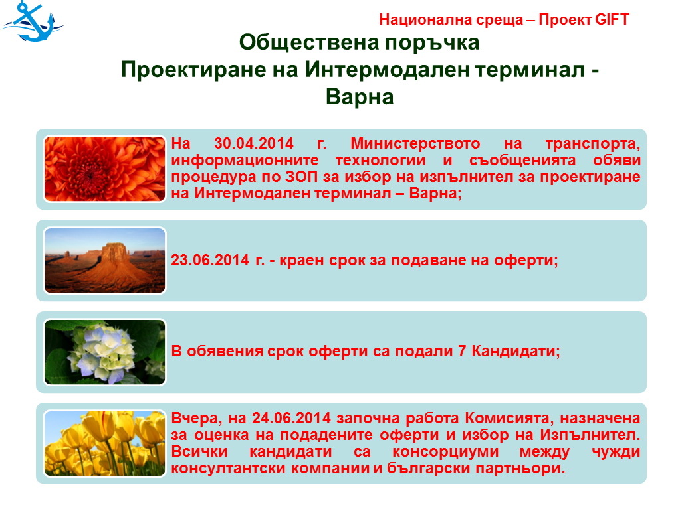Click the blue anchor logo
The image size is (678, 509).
click(32, 22)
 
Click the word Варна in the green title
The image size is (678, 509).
click(360, 96)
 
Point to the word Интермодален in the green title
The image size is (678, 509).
click(387, 70)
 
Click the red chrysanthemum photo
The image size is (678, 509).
click(104, 169)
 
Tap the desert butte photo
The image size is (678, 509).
click(104, 260)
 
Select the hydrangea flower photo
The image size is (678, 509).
click(104, 352)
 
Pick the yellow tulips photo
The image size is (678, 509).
click(104, 443)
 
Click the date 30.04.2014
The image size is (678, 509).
click(254, 143)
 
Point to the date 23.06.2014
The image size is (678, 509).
click(209, 260)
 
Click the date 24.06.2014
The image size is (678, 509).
click(291, 418)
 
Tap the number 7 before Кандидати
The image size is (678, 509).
click(462, 351)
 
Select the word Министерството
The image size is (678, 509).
click(415, 143)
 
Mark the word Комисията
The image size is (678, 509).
click(509, 418)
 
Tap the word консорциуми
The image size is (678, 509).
click(445, 451)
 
